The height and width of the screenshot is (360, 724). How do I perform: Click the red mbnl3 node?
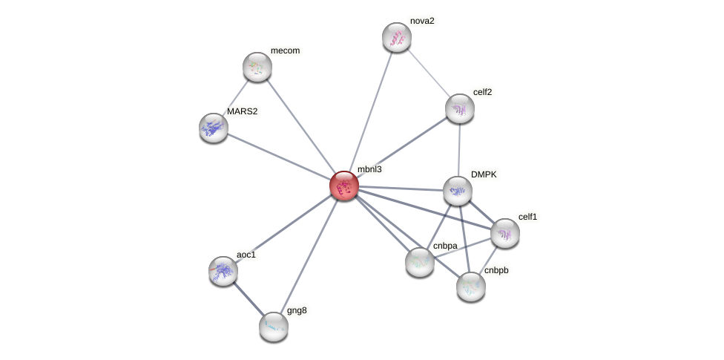344,186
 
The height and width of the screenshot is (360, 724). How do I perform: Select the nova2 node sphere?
397,37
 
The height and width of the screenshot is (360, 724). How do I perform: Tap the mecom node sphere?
257,67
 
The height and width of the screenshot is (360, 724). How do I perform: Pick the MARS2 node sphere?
214,128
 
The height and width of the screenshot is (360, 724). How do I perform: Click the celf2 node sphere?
460,108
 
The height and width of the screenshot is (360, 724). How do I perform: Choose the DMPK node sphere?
458,191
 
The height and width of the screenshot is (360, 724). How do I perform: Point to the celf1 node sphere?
505,233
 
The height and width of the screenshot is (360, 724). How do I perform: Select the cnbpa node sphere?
420,261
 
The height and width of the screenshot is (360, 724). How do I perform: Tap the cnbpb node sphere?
471,286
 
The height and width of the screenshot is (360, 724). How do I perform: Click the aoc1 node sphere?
223,271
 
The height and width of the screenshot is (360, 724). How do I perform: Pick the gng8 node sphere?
274,326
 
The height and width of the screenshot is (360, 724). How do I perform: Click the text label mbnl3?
369,169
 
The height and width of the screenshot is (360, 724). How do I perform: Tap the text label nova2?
422,21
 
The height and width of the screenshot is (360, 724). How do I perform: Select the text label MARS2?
243,111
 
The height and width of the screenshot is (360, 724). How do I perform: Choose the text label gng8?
297,310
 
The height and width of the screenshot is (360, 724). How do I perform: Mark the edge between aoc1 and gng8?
249,298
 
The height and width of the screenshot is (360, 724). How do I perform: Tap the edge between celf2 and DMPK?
459,149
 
